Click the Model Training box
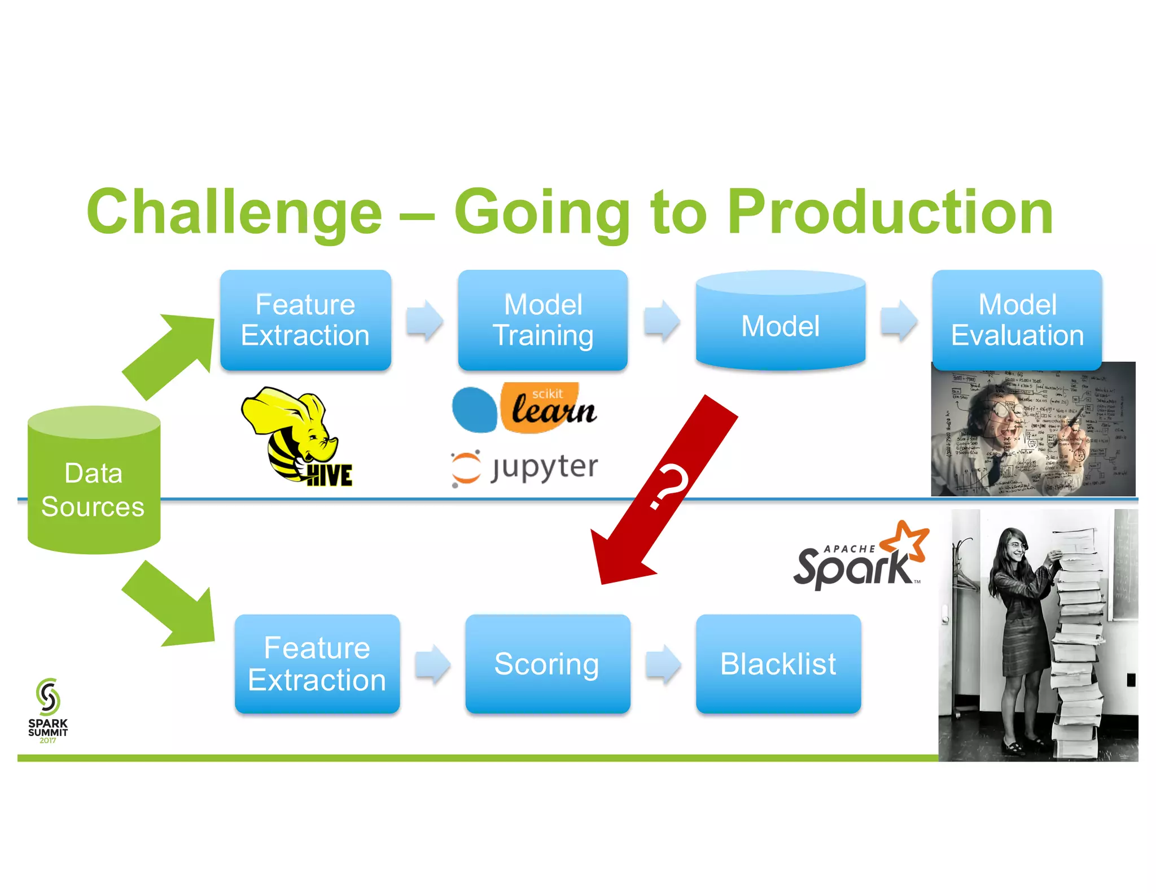click(542, 320)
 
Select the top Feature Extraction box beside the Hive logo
click(305, 320)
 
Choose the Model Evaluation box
click(1017, 320)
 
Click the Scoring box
click(547, 664)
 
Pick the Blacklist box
click(778, 664)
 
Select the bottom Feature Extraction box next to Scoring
click(317, 664)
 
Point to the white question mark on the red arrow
click(669, 487)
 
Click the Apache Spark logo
click(861, 559)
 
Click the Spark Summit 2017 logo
click(48, 710)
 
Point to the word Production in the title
click(890, 212)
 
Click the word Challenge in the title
click(234, 212)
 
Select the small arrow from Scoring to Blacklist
click(663, 664)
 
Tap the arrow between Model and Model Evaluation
click(899, 321)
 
